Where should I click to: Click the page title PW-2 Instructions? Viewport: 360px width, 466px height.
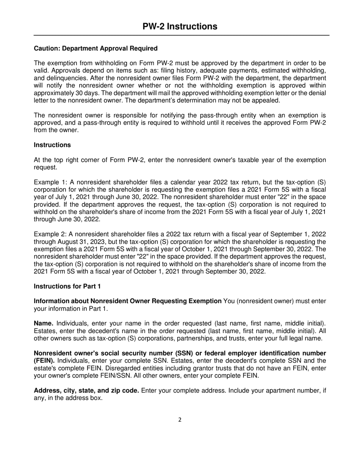180,26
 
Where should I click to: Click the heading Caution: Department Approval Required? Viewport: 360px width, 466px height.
95,48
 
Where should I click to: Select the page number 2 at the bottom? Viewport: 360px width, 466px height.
180,419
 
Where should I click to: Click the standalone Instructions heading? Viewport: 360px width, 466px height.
52,145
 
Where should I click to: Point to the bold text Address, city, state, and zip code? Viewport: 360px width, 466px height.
86,391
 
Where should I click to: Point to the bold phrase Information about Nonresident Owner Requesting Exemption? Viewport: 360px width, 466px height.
128,301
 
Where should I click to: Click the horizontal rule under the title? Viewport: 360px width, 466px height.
182,35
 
